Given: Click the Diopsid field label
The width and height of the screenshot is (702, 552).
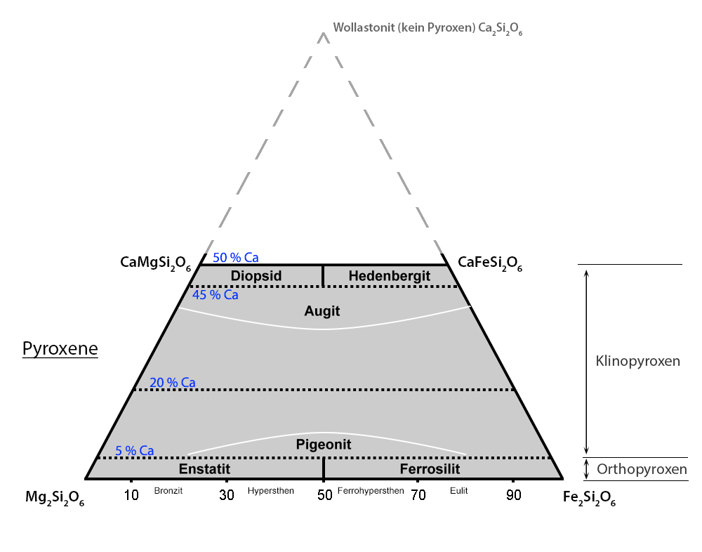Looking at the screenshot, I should [256, 276].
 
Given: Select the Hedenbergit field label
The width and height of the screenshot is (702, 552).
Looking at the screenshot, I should [389, 276].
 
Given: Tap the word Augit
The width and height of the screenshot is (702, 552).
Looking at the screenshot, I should [322, 310].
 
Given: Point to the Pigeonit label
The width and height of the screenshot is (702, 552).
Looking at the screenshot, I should [323, 445].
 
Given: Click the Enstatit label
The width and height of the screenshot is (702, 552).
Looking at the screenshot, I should [204, 469].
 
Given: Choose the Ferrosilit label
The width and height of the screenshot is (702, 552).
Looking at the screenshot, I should [430, 469].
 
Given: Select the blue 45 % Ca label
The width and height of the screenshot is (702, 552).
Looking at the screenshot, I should [216, 295].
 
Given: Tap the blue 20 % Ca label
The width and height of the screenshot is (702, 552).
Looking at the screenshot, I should [172, 383].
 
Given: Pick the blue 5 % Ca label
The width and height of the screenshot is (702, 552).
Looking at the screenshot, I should [135, 451].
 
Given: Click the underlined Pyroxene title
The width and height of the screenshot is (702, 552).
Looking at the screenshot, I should [60, 349].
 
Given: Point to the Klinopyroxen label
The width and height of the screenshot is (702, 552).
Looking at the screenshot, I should [637, 362].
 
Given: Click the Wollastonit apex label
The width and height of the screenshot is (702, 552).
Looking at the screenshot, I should [428, 29].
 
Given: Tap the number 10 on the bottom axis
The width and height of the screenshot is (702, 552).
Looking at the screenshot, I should [131, 495].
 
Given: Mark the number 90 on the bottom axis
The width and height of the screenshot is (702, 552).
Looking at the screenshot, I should [514, 495].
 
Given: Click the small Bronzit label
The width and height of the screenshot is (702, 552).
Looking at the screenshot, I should [168, 491].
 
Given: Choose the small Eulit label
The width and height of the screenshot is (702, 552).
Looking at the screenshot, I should [458, 491].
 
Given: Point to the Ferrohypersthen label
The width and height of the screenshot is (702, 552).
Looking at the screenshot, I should [371, 491].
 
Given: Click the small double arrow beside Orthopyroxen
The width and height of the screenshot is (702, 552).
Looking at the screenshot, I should [587, 468].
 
